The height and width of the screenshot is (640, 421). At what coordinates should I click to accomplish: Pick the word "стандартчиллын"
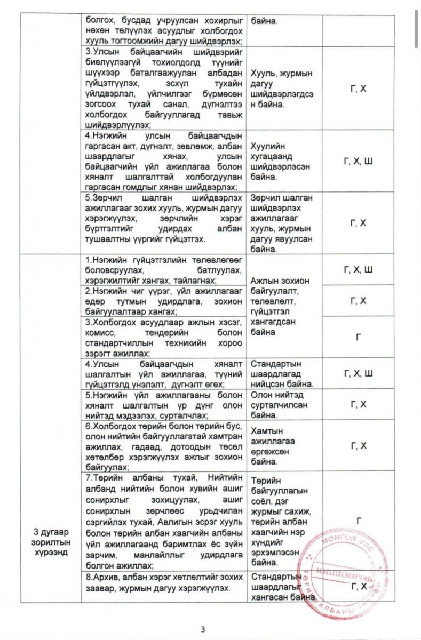click(x=118, y=343)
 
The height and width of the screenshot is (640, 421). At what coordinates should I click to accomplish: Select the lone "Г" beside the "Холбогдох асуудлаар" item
click(x=359, y=337)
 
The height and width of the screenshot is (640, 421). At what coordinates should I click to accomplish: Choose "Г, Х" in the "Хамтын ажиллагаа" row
click(x=359, y=445)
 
